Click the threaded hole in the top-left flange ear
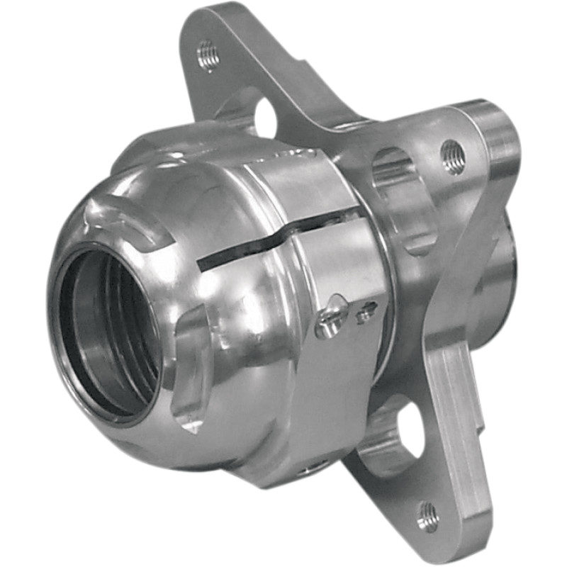pyautogui.click(x=208, y=55)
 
